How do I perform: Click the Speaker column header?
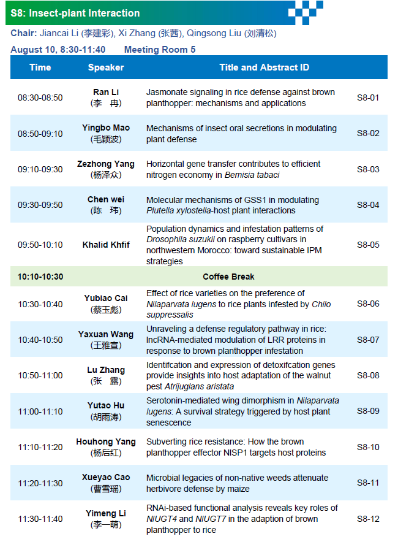tap(106, 67)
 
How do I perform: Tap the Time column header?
tap(40, 67)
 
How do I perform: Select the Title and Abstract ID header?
tap(265, 67)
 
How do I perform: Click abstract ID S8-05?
tap(368, 245)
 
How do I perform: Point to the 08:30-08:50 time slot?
tap(40, 97)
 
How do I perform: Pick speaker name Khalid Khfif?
tap(106, 245)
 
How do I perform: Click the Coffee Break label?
tap(229, 277)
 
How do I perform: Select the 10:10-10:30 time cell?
tap(40, 277)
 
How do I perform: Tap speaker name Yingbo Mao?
tap(106, 128)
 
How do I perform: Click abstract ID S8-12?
tap(368, 519)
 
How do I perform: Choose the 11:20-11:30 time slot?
tap(40, 483)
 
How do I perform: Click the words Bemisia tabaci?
tap(252, 175)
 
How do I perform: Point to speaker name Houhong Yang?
tap(106, 442)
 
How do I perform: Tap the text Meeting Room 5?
tap(160, 50)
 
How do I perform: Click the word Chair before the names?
tap(24, 33)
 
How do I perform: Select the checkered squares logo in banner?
tap(306, 13)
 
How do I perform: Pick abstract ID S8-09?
tap(368, 411)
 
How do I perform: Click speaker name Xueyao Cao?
tap(106, 478)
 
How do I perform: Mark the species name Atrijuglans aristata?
tap(199, 386)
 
